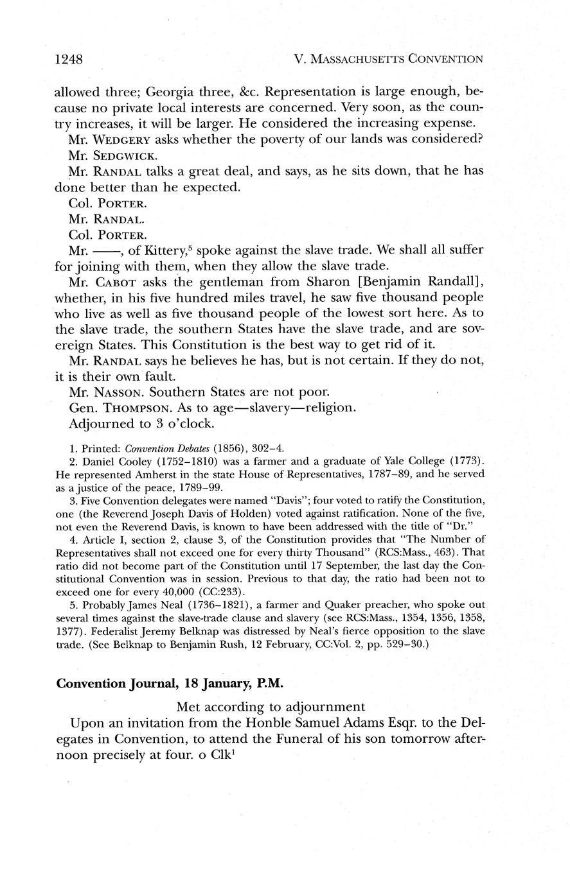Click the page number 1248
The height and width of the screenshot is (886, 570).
click(70, 60)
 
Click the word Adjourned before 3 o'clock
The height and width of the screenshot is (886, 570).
click(102, 424)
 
